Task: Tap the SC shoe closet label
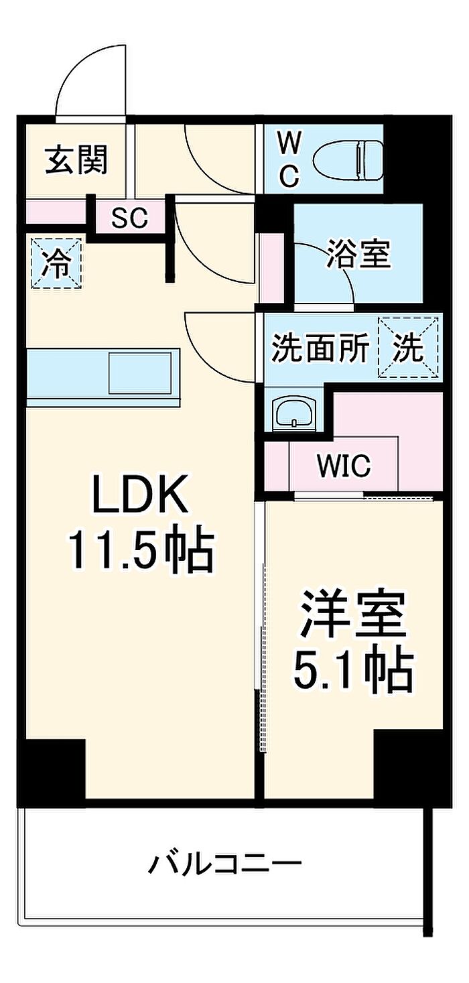[130, 217]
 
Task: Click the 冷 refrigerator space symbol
[56, 263]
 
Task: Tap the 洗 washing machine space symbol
[409, 347]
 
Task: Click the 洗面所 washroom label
[320, 347]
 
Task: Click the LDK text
[140, 495]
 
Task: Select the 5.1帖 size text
[353, 671]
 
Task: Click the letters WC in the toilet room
[289, 159]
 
